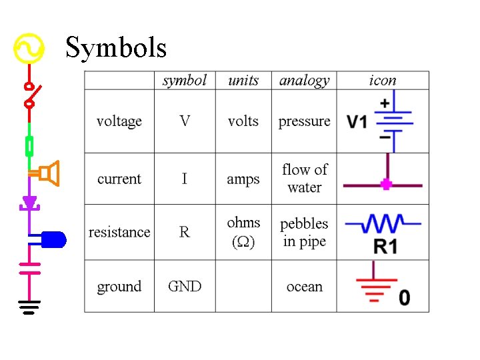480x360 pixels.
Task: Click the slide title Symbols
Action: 116,47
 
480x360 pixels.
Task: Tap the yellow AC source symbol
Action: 29,49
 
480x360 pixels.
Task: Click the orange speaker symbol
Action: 49,174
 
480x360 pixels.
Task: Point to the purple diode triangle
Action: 29,202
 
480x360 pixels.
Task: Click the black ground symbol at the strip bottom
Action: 29,307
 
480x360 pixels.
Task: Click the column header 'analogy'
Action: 304,81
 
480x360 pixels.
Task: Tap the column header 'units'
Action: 243,81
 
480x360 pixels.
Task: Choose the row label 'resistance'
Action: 119,232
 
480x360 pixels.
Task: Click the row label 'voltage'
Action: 119,121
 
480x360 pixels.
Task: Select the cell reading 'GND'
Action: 184,287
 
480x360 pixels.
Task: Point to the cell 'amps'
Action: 243,179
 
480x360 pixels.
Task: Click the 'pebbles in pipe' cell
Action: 304,232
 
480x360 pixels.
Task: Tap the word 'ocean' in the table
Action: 304,287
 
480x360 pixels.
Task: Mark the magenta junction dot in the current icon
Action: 385,185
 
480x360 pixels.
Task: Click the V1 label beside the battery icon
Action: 357,122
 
